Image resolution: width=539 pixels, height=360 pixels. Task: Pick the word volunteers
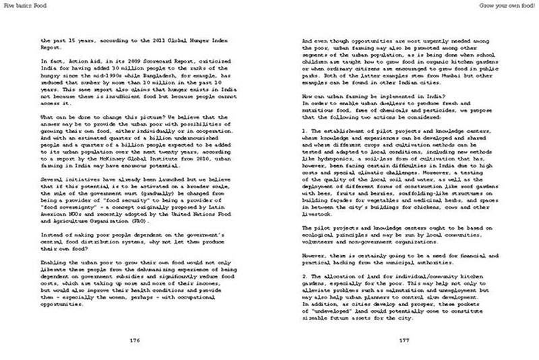(318, 242)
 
